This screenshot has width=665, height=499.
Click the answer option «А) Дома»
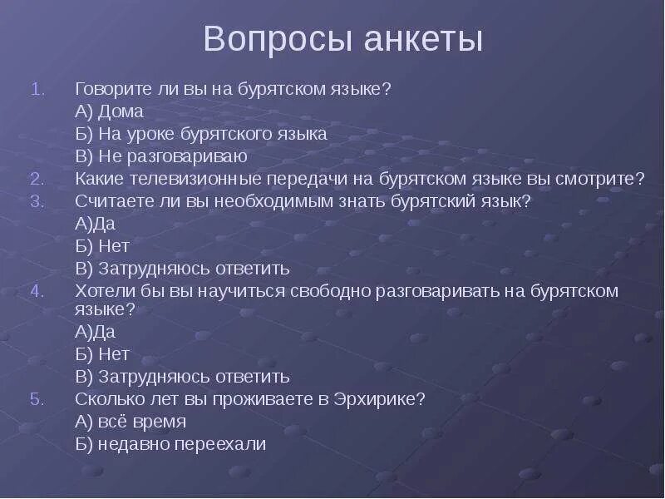point(109,111)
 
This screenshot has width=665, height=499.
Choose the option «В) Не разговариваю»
point(161,156)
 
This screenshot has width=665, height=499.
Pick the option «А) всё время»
point(131,422)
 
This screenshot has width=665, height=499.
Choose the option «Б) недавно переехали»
point(170,444)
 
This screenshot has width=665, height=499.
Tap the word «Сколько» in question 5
point(106,399)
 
